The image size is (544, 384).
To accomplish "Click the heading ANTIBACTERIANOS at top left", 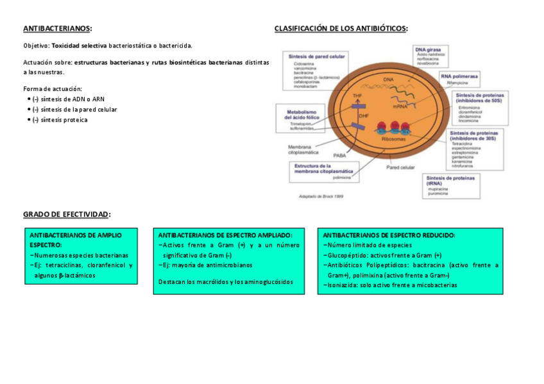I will (56, 29).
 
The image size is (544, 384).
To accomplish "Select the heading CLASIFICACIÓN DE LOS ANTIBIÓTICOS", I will (340, 29).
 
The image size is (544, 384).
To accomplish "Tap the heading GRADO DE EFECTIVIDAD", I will (66, 214).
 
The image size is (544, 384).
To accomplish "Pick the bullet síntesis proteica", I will (64, 120).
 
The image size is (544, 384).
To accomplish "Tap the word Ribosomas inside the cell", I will (393, 138).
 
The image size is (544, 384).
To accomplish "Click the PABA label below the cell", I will (339, 155).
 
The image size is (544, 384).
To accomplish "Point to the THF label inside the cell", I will (358, 95).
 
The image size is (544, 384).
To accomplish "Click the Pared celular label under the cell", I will (400, 167).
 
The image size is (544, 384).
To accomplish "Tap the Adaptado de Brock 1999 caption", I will (321, 196).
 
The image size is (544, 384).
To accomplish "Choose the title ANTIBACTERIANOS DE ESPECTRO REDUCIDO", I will (389, 235).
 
